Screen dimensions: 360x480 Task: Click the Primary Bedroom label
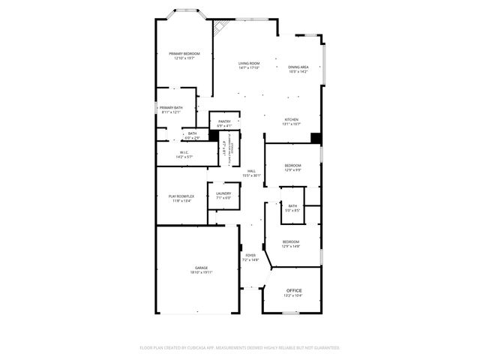(184, 54)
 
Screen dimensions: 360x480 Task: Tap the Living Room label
(249, 63)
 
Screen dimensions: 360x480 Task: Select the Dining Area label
(298, 67)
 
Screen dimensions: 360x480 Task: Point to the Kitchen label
(292, 120)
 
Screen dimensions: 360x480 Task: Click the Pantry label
(224, 121)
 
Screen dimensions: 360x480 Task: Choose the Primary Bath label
(171, 108)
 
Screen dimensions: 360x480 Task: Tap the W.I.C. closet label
(184, 153)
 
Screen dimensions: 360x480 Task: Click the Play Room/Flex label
(181, 196)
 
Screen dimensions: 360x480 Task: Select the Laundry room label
(223, 194)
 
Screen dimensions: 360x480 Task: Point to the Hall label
(252, 171)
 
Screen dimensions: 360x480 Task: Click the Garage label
(202, 267)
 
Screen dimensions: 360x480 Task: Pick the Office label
(294, 290)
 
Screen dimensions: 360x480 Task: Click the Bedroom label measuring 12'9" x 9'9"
(292, 165)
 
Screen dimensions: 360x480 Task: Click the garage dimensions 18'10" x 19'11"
(202, 272)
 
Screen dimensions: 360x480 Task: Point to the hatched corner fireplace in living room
(220, 28)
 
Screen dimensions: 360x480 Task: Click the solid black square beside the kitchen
(316, 138)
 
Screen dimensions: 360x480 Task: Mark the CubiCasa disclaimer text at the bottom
(240, 348)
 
